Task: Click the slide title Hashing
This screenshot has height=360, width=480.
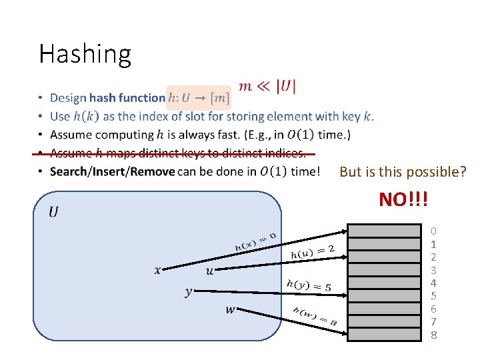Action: pos(85,54)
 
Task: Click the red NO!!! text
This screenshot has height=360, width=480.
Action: pos(403,199)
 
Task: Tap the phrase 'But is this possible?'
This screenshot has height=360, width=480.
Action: pos(403,172)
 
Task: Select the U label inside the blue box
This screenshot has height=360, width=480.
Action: pos(53,212)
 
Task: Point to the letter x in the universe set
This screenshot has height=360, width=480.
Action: pos(157,270)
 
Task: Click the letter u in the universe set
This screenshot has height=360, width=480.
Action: pos(210,270)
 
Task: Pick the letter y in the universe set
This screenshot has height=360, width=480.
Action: pos(189,291)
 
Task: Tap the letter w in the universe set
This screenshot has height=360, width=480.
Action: pos(230,309)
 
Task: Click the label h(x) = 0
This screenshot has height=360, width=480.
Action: pos(255,241)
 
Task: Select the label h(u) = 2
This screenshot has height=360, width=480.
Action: pos(312,251)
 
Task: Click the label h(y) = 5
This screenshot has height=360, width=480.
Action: pos(308,285)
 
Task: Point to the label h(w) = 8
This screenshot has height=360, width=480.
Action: pos(315,316)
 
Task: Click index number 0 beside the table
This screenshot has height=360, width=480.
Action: pos(433,231)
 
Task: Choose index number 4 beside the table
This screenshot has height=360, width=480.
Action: pos(433,283)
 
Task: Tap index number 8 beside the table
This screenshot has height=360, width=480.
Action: pos(433,335)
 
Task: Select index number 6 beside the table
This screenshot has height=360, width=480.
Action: pos(433,309)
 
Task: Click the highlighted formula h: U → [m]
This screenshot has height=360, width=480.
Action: pos(198,99)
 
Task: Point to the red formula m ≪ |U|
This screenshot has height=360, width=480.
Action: pos(267,87)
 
